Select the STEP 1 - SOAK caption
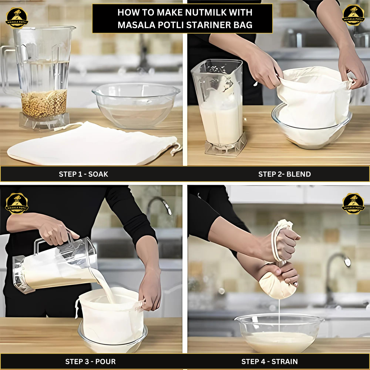pyautogui.click(x=83, y=174)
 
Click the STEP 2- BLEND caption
pyautogui.click(x=284, y=174)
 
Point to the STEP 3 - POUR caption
pyautogui.click(x=90, y=362)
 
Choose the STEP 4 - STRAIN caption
pyautogui.click(x=270, y=362)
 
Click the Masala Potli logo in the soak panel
pyautogui.click(x=17, y=18)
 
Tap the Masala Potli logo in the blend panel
pyautogui.click(x=353, y=15)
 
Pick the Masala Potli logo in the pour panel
pyautogui.click(x=17, y=204)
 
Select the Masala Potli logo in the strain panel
pyautogui.click(x=353, y=204)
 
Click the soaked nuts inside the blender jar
pyautogui.click(x=44, y=104)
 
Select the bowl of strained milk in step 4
pyautogui.click(x=280, y=333)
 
